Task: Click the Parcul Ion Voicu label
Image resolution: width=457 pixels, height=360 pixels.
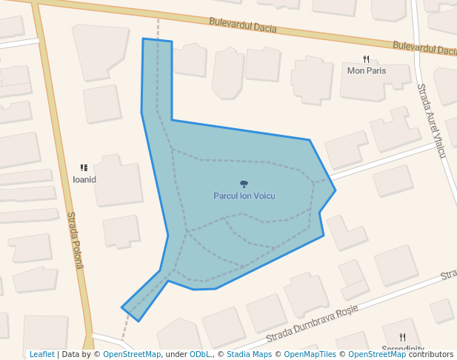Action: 244,196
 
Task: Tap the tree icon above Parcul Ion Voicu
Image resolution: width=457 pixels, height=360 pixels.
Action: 244,184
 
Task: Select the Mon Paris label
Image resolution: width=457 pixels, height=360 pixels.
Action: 367,71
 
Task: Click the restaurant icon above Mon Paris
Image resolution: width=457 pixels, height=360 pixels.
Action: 366,59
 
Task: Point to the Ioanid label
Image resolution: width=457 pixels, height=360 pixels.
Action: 84,179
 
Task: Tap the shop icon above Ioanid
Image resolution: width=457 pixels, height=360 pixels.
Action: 84,168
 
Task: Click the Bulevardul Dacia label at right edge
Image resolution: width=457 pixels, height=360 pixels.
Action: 424,48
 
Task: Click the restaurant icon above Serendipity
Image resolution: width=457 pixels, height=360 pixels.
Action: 402,337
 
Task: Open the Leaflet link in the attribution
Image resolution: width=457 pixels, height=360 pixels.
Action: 41,355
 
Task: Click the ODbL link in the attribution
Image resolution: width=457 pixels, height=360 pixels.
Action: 199,355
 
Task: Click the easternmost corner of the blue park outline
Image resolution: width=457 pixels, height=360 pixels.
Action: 336,190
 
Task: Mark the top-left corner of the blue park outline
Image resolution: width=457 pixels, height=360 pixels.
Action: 143,39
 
